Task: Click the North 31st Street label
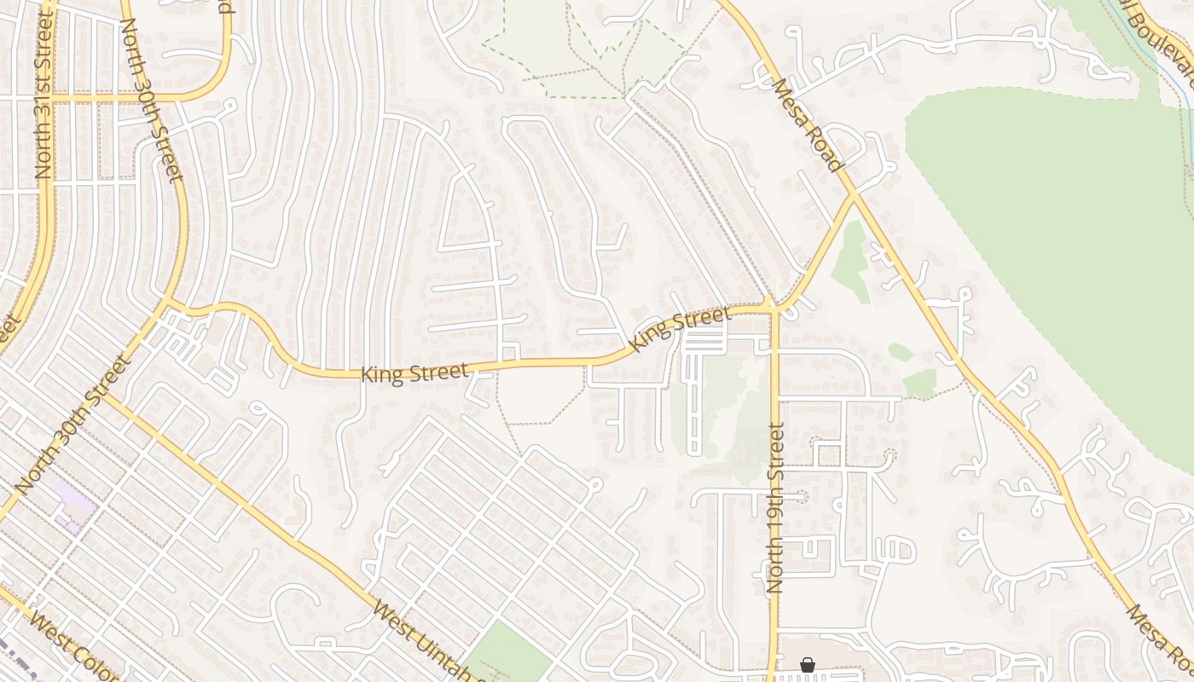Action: tap(43, 95)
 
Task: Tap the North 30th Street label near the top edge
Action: tap(152, 101)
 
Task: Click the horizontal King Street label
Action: tap(414, 373)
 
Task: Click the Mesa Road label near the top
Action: tap(808, 124)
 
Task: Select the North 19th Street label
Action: tap(775, 508)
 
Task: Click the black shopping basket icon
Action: tap(807, 665)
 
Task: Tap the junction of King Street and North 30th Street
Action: tap(167, 303)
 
